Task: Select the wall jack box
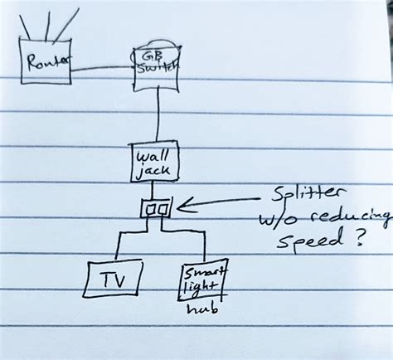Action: click(x=155, y=163)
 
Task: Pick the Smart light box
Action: click(x=201, y=280)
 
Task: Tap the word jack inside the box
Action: click(x=154, y=171)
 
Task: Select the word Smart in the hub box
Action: click(x=201, y=271)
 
